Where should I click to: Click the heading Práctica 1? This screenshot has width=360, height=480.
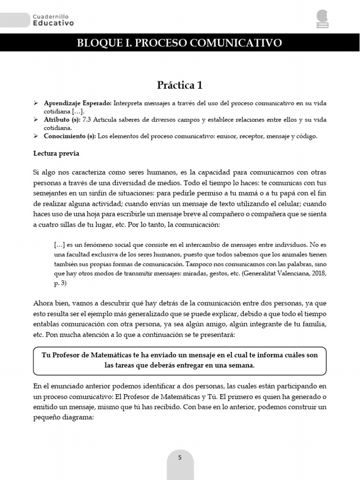(180, 85)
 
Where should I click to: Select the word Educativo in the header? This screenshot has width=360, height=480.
(53, 22)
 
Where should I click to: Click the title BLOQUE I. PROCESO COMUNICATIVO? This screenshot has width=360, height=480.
(180, 43)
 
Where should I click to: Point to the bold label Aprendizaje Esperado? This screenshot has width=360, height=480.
(77, 103)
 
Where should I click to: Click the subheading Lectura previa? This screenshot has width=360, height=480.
(56, 153)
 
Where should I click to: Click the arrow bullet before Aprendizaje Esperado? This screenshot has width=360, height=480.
(36, 103)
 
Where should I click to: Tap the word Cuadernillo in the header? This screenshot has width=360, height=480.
(51, 16)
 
